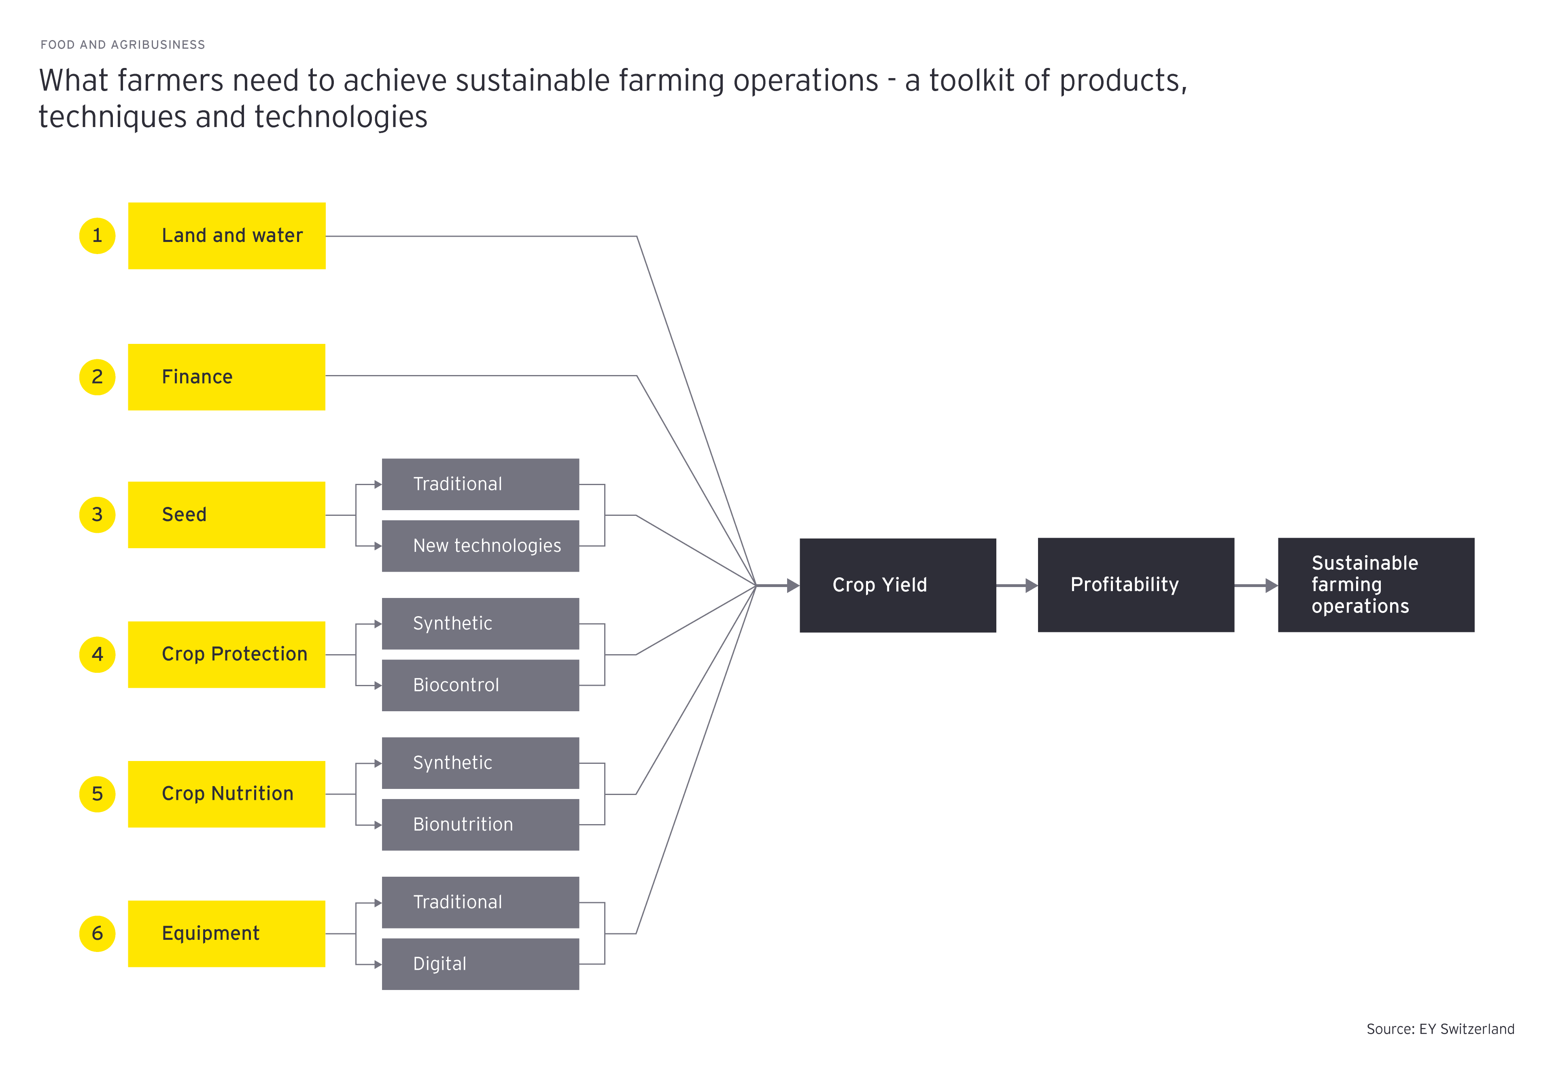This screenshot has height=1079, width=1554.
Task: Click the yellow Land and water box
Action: tap(227, 235)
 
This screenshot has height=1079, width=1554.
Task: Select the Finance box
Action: tap(227, 377)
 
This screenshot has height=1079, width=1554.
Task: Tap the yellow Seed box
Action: tap(227, 515)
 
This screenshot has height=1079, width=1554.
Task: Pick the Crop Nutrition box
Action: tap(227, 794)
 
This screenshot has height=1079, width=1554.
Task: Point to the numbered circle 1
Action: tap(98, 235)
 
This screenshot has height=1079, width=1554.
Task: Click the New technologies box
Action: tap(480, 546)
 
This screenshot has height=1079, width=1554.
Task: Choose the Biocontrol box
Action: tap(480, 685)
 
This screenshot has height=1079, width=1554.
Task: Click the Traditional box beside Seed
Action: tap(480, 484)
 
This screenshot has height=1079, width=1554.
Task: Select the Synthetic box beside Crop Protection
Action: tap(480, 623)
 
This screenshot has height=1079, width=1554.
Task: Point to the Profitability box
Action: tap(1136, 585)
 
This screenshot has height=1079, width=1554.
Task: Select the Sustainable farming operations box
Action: tap(1376, 585)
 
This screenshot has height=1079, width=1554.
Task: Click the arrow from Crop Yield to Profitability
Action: tap(1017, 585)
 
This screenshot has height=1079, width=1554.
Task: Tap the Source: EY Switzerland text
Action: tap(1440, 1028)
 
